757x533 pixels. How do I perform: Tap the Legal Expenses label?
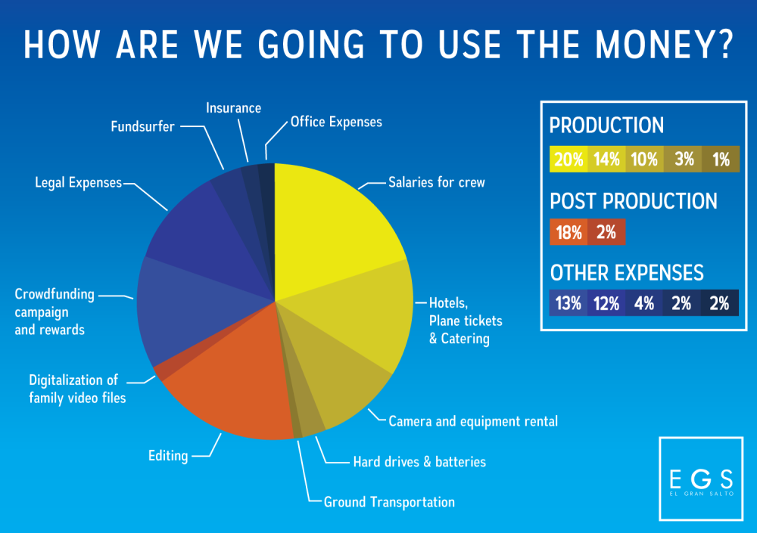[79, 182]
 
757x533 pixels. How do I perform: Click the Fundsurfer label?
[142, 126]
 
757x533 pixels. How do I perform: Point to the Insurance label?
[233, 108]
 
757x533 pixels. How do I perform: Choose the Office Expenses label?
[336, 122]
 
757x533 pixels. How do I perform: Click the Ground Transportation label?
[389, 502]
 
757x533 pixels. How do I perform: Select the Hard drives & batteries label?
[419, 461]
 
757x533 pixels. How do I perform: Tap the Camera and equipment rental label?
[473, 421]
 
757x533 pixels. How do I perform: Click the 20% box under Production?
[568, 160]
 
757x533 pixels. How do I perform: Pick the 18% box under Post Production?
[569, 232]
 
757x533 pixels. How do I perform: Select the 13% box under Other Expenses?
[569, 303]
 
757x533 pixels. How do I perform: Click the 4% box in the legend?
[644, 303]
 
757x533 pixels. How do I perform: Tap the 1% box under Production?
[720, 160]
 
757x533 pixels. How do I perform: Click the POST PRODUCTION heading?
[633, 201]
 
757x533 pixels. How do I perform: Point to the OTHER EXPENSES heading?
[627, 272]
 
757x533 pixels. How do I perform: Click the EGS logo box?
[701, 478]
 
